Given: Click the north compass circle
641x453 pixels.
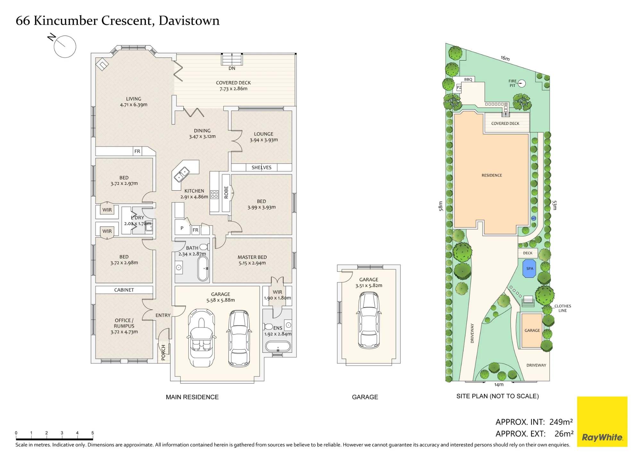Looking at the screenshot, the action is click(65, 47).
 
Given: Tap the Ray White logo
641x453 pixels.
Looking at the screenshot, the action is click(602, 422).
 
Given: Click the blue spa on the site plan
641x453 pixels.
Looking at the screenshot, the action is click(529, 268).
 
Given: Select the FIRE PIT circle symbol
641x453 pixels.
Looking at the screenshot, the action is click(522, 83).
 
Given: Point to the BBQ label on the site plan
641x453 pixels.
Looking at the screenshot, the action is click(468, 79).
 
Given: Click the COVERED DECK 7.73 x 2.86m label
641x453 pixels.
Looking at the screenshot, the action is click(233, 86).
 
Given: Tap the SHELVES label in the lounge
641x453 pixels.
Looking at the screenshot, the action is click(262, 168).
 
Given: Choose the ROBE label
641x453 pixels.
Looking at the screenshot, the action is click(226, 192).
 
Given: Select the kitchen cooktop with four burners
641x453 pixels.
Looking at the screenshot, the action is click(214, 194).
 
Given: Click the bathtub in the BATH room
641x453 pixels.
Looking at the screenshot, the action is click(203, 268).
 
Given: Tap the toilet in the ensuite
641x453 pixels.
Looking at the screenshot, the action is click(268, 326).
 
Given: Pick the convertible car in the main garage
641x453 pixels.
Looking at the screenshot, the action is click(201, 338).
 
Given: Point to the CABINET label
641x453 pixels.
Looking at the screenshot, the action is click(124, 290).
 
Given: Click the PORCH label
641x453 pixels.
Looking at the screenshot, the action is click(163, 352).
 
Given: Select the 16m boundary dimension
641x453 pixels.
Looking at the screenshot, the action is click(505, 58).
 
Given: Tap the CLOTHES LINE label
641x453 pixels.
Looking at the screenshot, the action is click(563, 308).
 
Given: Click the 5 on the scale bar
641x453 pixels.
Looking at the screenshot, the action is click(93, 433).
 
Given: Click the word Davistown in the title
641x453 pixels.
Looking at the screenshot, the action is click(189, 21).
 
